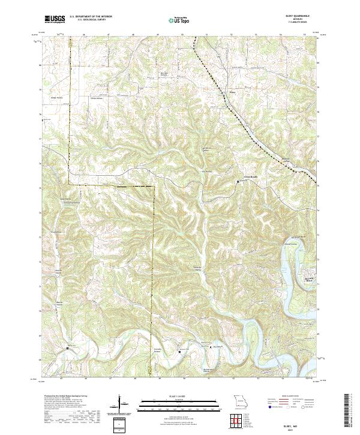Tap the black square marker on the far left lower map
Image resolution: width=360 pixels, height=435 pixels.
[x=67, y=347]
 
